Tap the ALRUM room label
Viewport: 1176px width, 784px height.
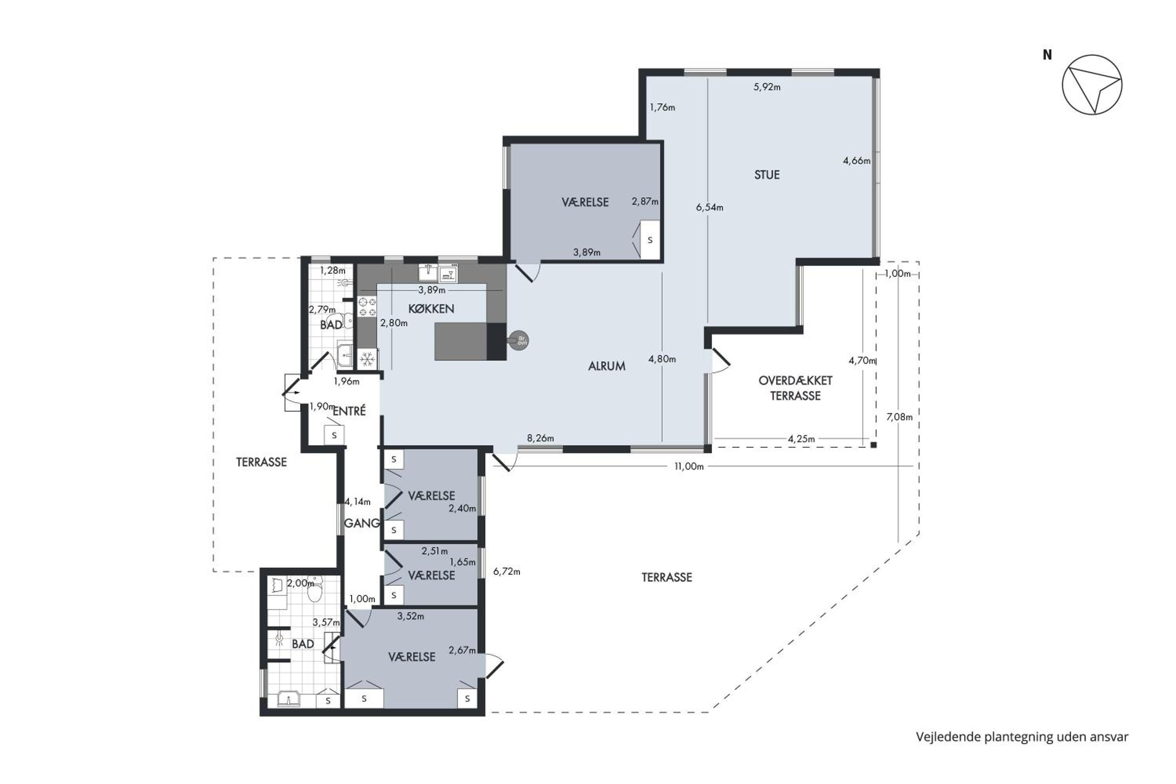(606, 366)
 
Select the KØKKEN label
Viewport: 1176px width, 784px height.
(431, 309)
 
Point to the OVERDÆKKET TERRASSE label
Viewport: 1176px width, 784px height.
(795, 388)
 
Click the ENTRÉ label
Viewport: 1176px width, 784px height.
(349, 410)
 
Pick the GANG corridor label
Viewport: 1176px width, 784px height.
(362, 523)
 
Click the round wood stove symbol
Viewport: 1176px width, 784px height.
(519, 341)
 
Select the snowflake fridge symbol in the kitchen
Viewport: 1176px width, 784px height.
(368, 359)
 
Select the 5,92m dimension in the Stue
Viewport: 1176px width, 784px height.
(767, 87)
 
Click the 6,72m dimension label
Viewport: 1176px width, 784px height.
(506, 571)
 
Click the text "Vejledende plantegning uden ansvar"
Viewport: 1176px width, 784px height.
(1022, 737)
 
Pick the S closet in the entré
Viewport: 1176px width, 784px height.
(334, 435)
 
